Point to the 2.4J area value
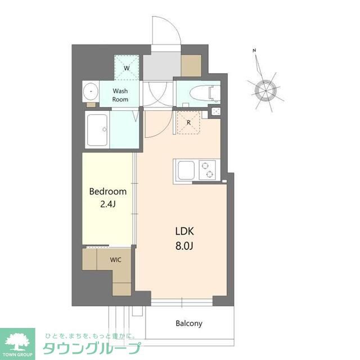click(x=107, y=204)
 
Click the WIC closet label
click(x=116, y=260)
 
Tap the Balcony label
click(x=188, y=323)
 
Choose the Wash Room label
click(x=120, y=95)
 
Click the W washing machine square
click(x=127, y=68)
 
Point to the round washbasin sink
click(x=89, y=93)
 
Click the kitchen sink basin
click(x=186, y=170)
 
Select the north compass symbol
click(x=263, y=88)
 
